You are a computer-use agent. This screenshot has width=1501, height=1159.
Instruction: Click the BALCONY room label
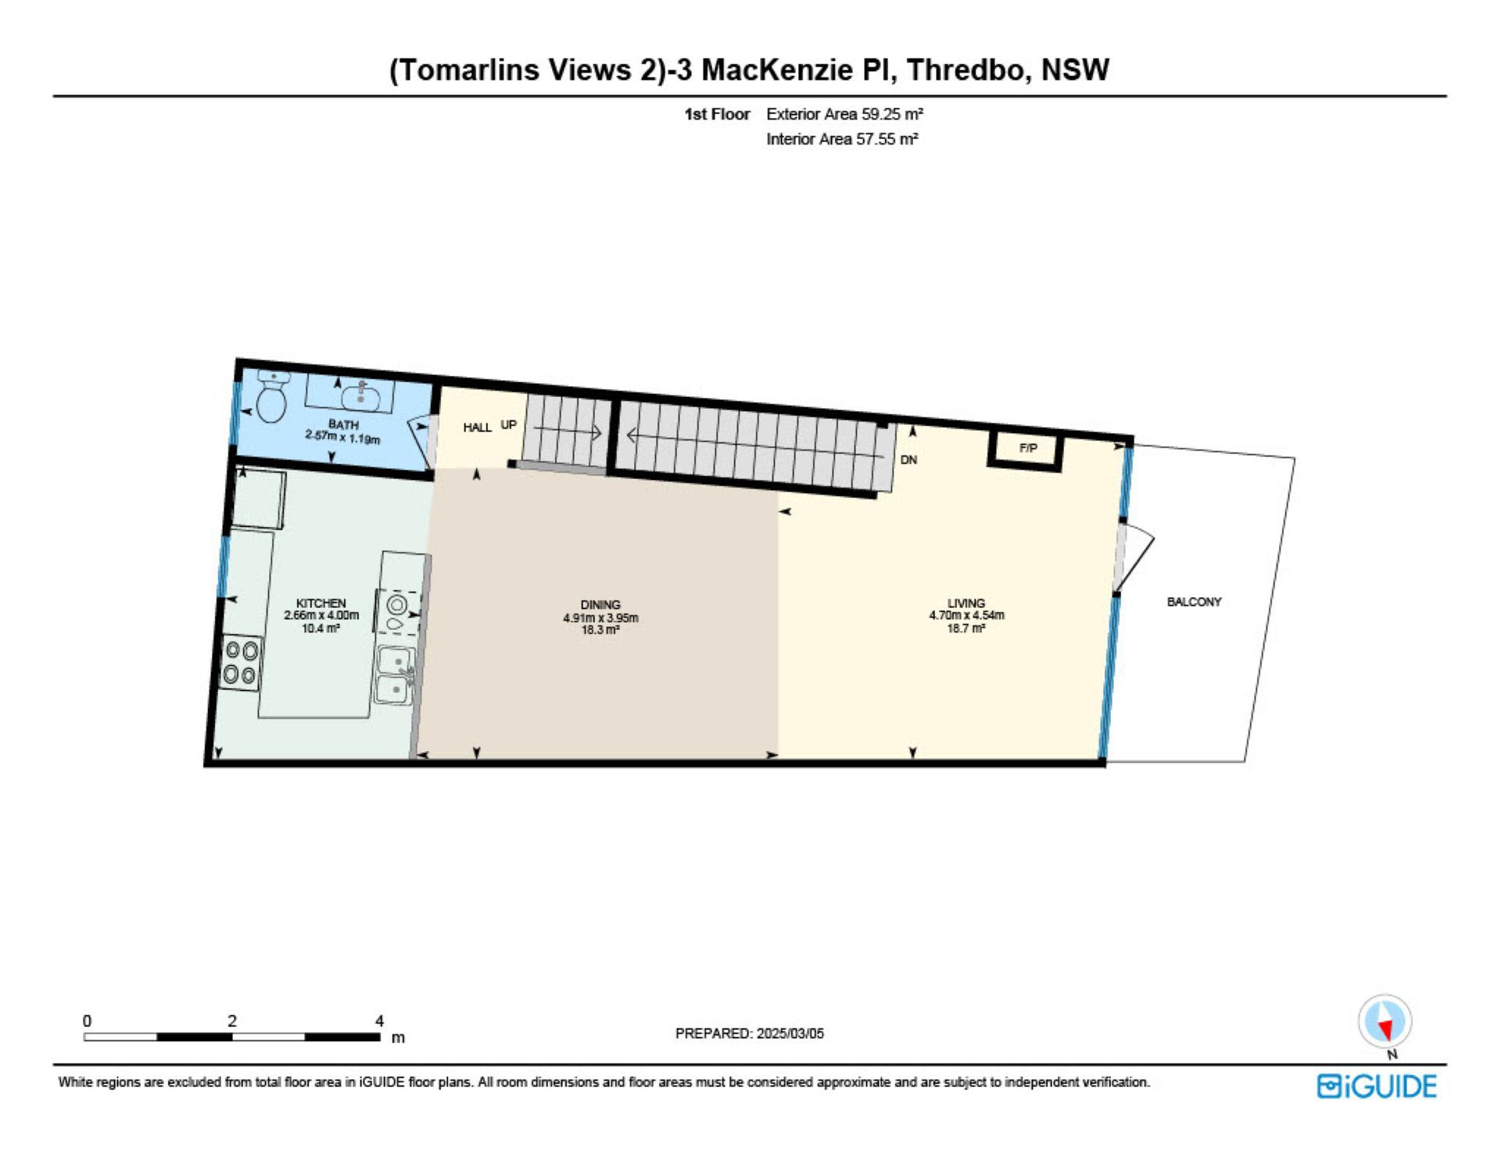pyautogui.click(x=1194, y=602)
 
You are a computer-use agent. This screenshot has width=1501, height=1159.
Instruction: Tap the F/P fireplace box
pyautogui.click(x=1026, y=449)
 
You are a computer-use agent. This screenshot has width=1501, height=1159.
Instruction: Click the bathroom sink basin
pyautogui.click(x=361, y=396)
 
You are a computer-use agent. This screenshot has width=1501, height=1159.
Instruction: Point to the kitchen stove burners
pyautogui.click(x=241, y=663)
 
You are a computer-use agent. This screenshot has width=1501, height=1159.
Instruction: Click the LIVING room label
pyautogui.click(x=966, y=603)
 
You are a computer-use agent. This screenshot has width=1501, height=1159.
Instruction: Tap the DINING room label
pyautogui.click(x=600, y=605)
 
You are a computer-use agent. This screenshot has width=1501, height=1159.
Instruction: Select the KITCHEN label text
pyautogui.click(x=321, y=603)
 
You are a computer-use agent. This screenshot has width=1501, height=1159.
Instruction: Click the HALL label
pyautogui.click(x=477, y=427)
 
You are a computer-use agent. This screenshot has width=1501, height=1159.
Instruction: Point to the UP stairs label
pyautogui.click(x=508, y=424)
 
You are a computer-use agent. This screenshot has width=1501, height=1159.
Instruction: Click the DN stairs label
pyautogui.click(x=908, y=460)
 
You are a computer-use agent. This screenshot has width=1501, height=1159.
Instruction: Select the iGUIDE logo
pyautogui.click(x=1377, y=1086)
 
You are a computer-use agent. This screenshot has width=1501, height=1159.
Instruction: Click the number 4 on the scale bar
pyautogui.click(x=380, y=1021)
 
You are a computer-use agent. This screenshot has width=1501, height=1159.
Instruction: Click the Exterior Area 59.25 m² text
pyautogui.click(x=844, y=114)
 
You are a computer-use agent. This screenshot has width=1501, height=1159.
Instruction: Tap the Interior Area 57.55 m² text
pyautogui.click(x=842, y=139)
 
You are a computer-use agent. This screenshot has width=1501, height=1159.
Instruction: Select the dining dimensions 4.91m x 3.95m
pyautogui.click(x=600, y=617)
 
